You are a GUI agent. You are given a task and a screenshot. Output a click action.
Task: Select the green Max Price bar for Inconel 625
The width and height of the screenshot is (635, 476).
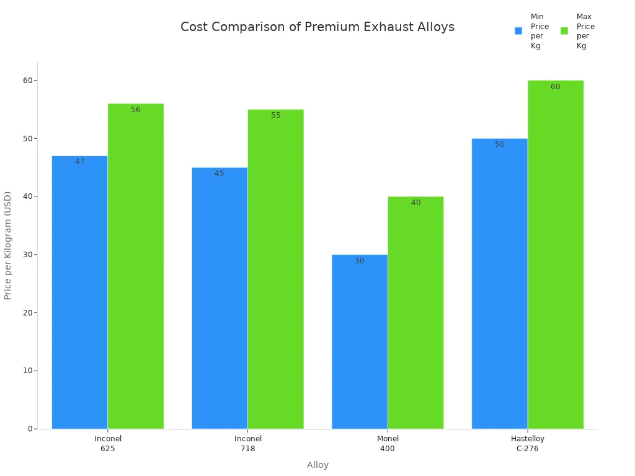coord(135,266)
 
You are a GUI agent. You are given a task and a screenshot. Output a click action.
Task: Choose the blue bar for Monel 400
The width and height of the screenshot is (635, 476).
coord(360,342)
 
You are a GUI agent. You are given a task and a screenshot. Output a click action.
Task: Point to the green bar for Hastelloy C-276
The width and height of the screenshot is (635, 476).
coord(555,254)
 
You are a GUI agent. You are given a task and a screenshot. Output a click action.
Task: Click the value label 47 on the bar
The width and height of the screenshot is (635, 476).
coord(80,162)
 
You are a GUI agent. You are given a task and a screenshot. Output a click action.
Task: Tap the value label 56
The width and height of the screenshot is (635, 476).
coord(136,110)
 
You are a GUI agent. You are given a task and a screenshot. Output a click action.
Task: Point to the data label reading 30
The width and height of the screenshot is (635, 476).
coord(360,261)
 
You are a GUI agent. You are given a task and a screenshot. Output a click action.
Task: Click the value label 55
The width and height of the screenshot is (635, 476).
coord(276,115)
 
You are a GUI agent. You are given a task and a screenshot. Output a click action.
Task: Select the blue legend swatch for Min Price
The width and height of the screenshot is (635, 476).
coord(518,30)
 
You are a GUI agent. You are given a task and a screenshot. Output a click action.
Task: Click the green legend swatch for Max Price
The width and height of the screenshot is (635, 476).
coord(564,30)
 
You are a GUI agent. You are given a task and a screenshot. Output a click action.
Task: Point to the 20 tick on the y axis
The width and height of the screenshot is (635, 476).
coord(28,312)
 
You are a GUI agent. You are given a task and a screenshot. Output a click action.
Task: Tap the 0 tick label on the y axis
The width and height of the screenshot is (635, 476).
coord(30,429)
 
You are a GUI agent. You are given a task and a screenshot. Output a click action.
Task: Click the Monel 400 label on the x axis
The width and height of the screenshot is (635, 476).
coord(388,444)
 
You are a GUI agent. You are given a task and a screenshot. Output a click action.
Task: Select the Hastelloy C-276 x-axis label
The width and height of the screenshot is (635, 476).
coord(528,444)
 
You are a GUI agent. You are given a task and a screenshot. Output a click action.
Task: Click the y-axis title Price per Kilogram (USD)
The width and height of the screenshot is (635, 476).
coord(8,245)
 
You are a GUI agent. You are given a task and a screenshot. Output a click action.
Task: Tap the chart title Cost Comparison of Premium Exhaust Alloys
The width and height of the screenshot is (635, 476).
coord(317,27)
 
